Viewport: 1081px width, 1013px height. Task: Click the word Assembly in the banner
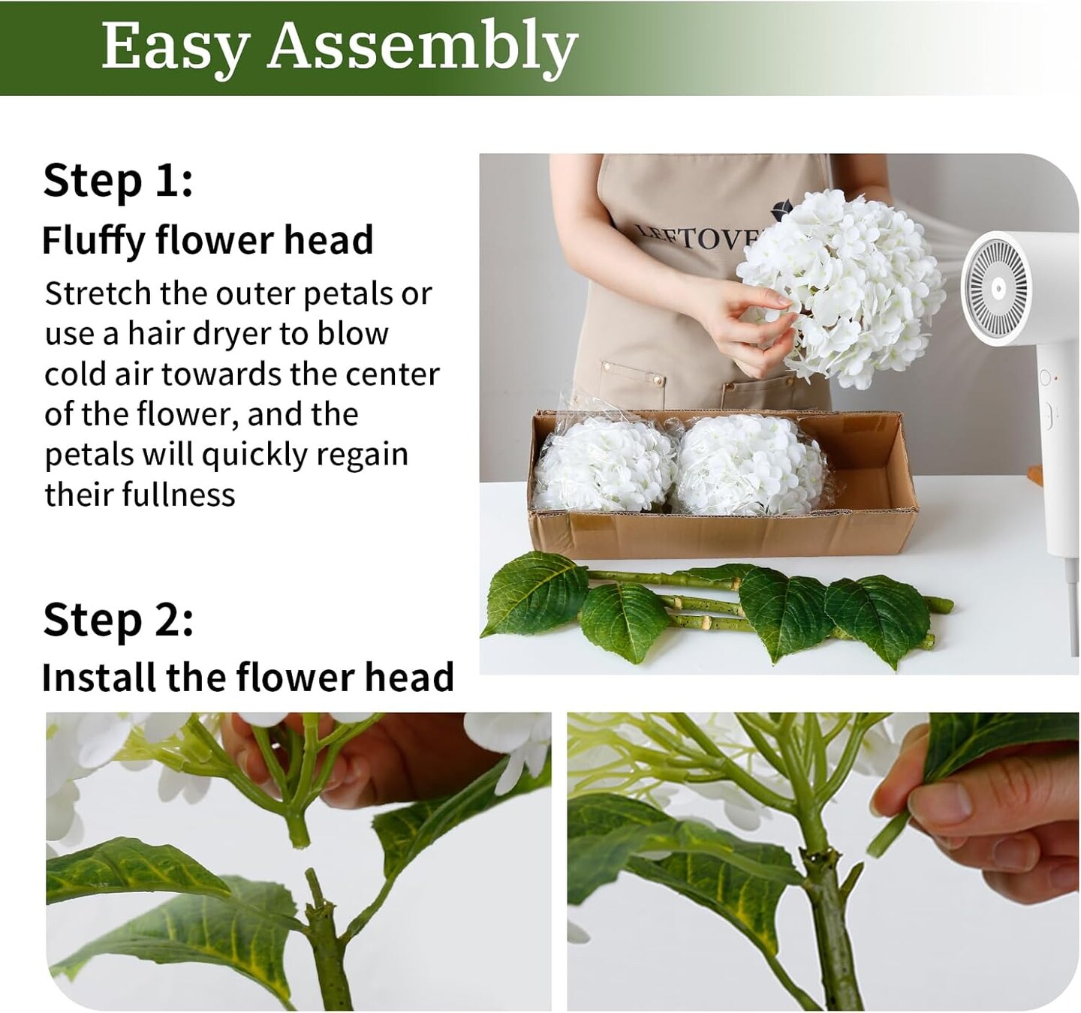(422, 47)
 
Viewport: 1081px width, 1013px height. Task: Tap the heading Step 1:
(118, 181)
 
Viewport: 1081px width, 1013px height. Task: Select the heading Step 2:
(118, 620)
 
